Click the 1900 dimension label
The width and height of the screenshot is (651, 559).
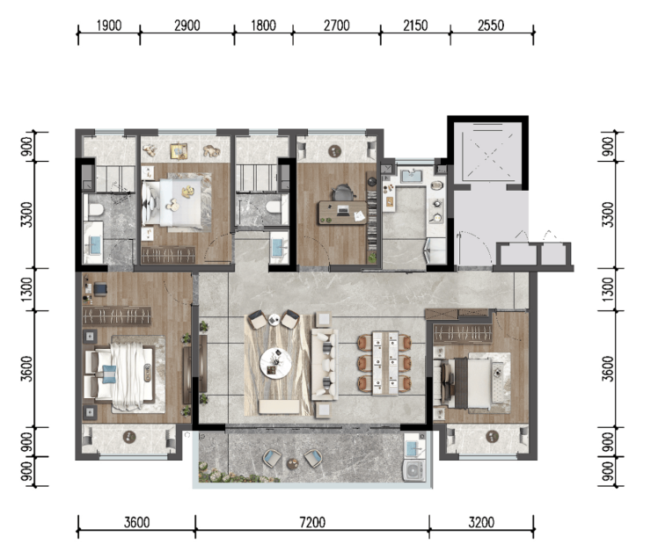109,25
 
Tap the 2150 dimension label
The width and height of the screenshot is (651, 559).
415,25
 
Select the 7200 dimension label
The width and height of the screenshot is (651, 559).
312,522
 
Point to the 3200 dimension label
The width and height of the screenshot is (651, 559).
481,522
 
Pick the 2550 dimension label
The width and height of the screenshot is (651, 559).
491,25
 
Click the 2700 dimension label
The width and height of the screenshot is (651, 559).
336,25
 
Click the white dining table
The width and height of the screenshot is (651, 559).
385,363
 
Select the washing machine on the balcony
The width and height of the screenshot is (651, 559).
414,470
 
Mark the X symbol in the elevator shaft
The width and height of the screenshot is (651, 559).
488,155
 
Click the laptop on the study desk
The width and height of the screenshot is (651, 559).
343,210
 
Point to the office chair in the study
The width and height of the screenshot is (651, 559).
343,192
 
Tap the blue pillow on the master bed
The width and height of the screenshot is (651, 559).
109,374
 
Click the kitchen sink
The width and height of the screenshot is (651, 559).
411,176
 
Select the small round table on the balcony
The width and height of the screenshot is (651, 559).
293,463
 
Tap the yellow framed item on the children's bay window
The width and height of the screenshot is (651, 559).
179,151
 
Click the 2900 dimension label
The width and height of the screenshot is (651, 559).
187,25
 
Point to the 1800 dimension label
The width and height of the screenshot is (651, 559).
263,25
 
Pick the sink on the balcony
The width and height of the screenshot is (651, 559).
414,448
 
